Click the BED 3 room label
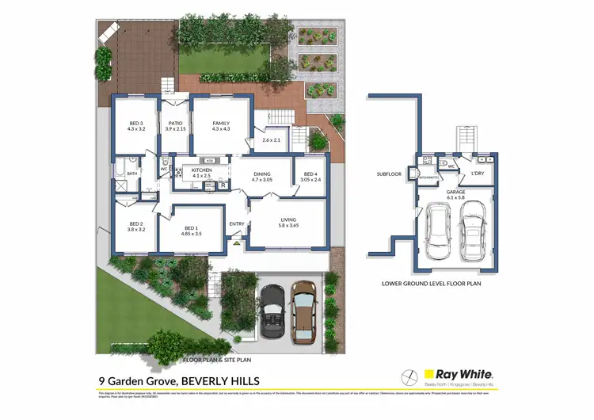coord(135,124)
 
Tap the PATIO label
coord(175,124)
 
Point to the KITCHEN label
coord(202,170)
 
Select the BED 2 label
coord(135,224)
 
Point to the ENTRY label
coord(237,224)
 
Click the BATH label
coord(132,174)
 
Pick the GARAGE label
coord(455,192)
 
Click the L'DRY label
coord(478,174)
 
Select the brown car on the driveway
coord(304,311)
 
